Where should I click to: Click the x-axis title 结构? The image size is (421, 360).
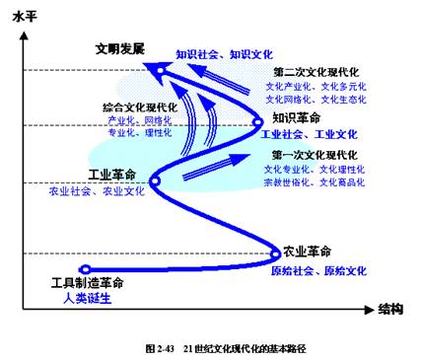[x=390, y=310]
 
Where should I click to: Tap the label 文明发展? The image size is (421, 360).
[x=120, y=47]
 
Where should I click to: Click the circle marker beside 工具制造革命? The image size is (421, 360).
[x=85, y=268]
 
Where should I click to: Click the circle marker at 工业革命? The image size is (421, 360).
[x=155, y=180]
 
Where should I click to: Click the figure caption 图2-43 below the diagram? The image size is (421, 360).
[x=210, y=348]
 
